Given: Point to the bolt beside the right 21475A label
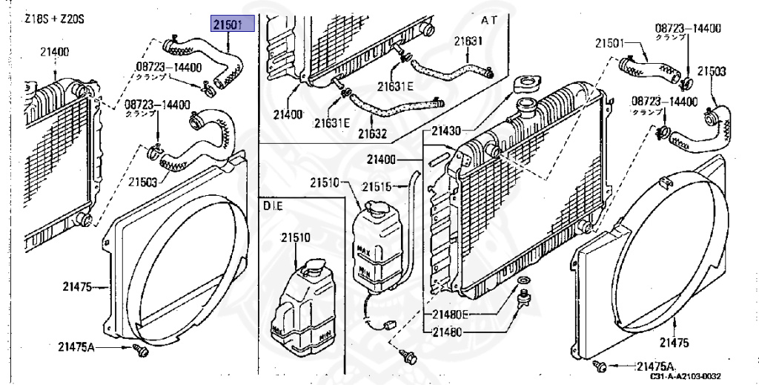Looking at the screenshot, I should (601, 366).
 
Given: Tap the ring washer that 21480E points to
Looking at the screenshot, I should (523, 280).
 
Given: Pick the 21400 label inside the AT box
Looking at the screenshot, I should (287, 115).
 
